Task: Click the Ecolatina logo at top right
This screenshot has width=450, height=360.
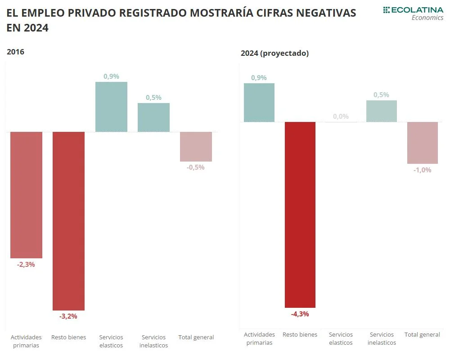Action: (x=413, y=13)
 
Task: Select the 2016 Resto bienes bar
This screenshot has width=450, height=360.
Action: (x=68, y=220)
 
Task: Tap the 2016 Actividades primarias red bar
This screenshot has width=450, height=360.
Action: (x=26, y=195)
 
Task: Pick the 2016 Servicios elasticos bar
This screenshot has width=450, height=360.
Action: (x=111, y=107)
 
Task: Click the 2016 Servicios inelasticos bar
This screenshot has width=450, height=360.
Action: (x=153, y=117)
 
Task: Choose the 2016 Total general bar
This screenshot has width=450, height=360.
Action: (x=196, y=147)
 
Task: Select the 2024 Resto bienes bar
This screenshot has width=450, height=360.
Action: (x=300, y=215)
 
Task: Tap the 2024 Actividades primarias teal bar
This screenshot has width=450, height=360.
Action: (x=259, y=103)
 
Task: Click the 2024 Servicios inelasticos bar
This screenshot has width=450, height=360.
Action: (x=382, y=111)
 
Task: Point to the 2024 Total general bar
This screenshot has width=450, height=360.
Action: (x=423, y=143)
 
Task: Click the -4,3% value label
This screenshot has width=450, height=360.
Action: (x=300, y=314)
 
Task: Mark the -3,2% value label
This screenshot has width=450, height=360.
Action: (x=68, y=316)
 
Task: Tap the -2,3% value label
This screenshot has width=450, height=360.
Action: (x=26, y=265)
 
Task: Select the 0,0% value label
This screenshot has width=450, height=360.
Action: (x=341, y=117)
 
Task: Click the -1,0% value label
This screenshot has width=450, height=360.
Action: (x=423, y=170)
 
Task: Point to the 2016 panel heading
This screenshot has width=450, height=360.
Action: (x=15, y=52)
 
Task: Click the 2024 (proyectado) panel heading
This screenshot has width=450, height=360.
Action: (x=274, y=53)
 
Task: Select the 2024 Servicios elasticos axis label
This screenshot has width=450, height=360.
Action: (x=341, y=338)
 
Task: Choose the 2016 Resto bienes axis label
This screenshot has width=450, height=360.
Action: (x=68, y=337)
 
